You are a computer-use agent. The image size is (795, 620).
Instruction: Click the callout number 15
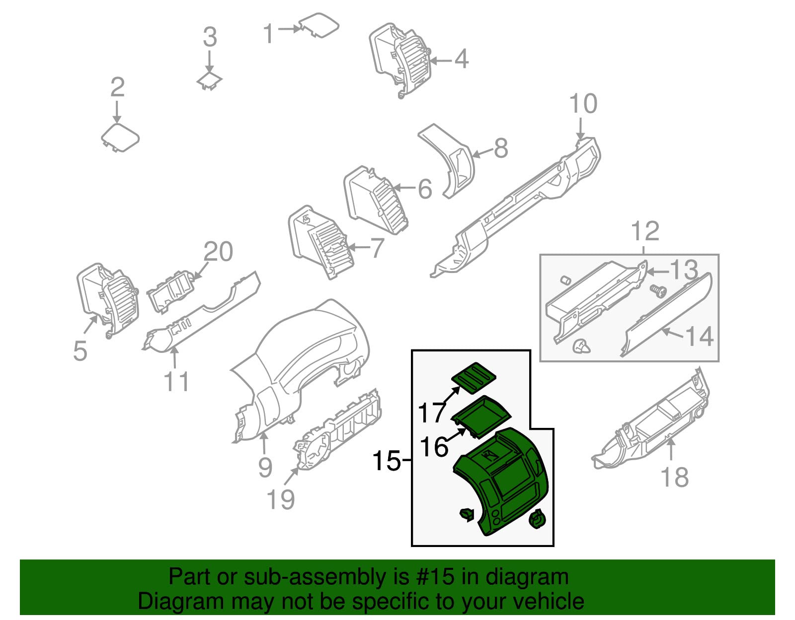tap(386, 461)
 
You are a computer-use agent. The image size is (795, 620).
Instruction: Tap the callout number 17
tap(431, 413)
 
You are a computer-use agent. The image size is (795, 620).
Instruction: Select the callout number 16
tap(434, 447)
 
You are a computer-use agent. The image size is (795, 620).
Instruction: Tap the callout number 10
tap(583, 104)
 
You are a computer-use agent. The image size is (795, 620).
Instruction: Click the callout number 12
tap(645, 231)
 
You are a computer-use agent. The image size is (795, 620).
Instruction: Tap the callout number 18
tap(674, 477)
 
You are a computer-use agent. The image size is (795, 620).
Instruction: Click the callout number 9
tap(265, 467)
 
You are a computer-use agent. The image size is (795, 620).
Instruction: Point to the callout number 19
tap(281, 499)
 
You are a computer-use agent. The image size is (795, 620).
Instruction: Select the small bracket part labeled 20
tap(170, 292)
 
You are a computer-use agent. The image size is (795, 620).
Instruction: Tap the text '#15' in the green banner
tap(432, 577)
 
